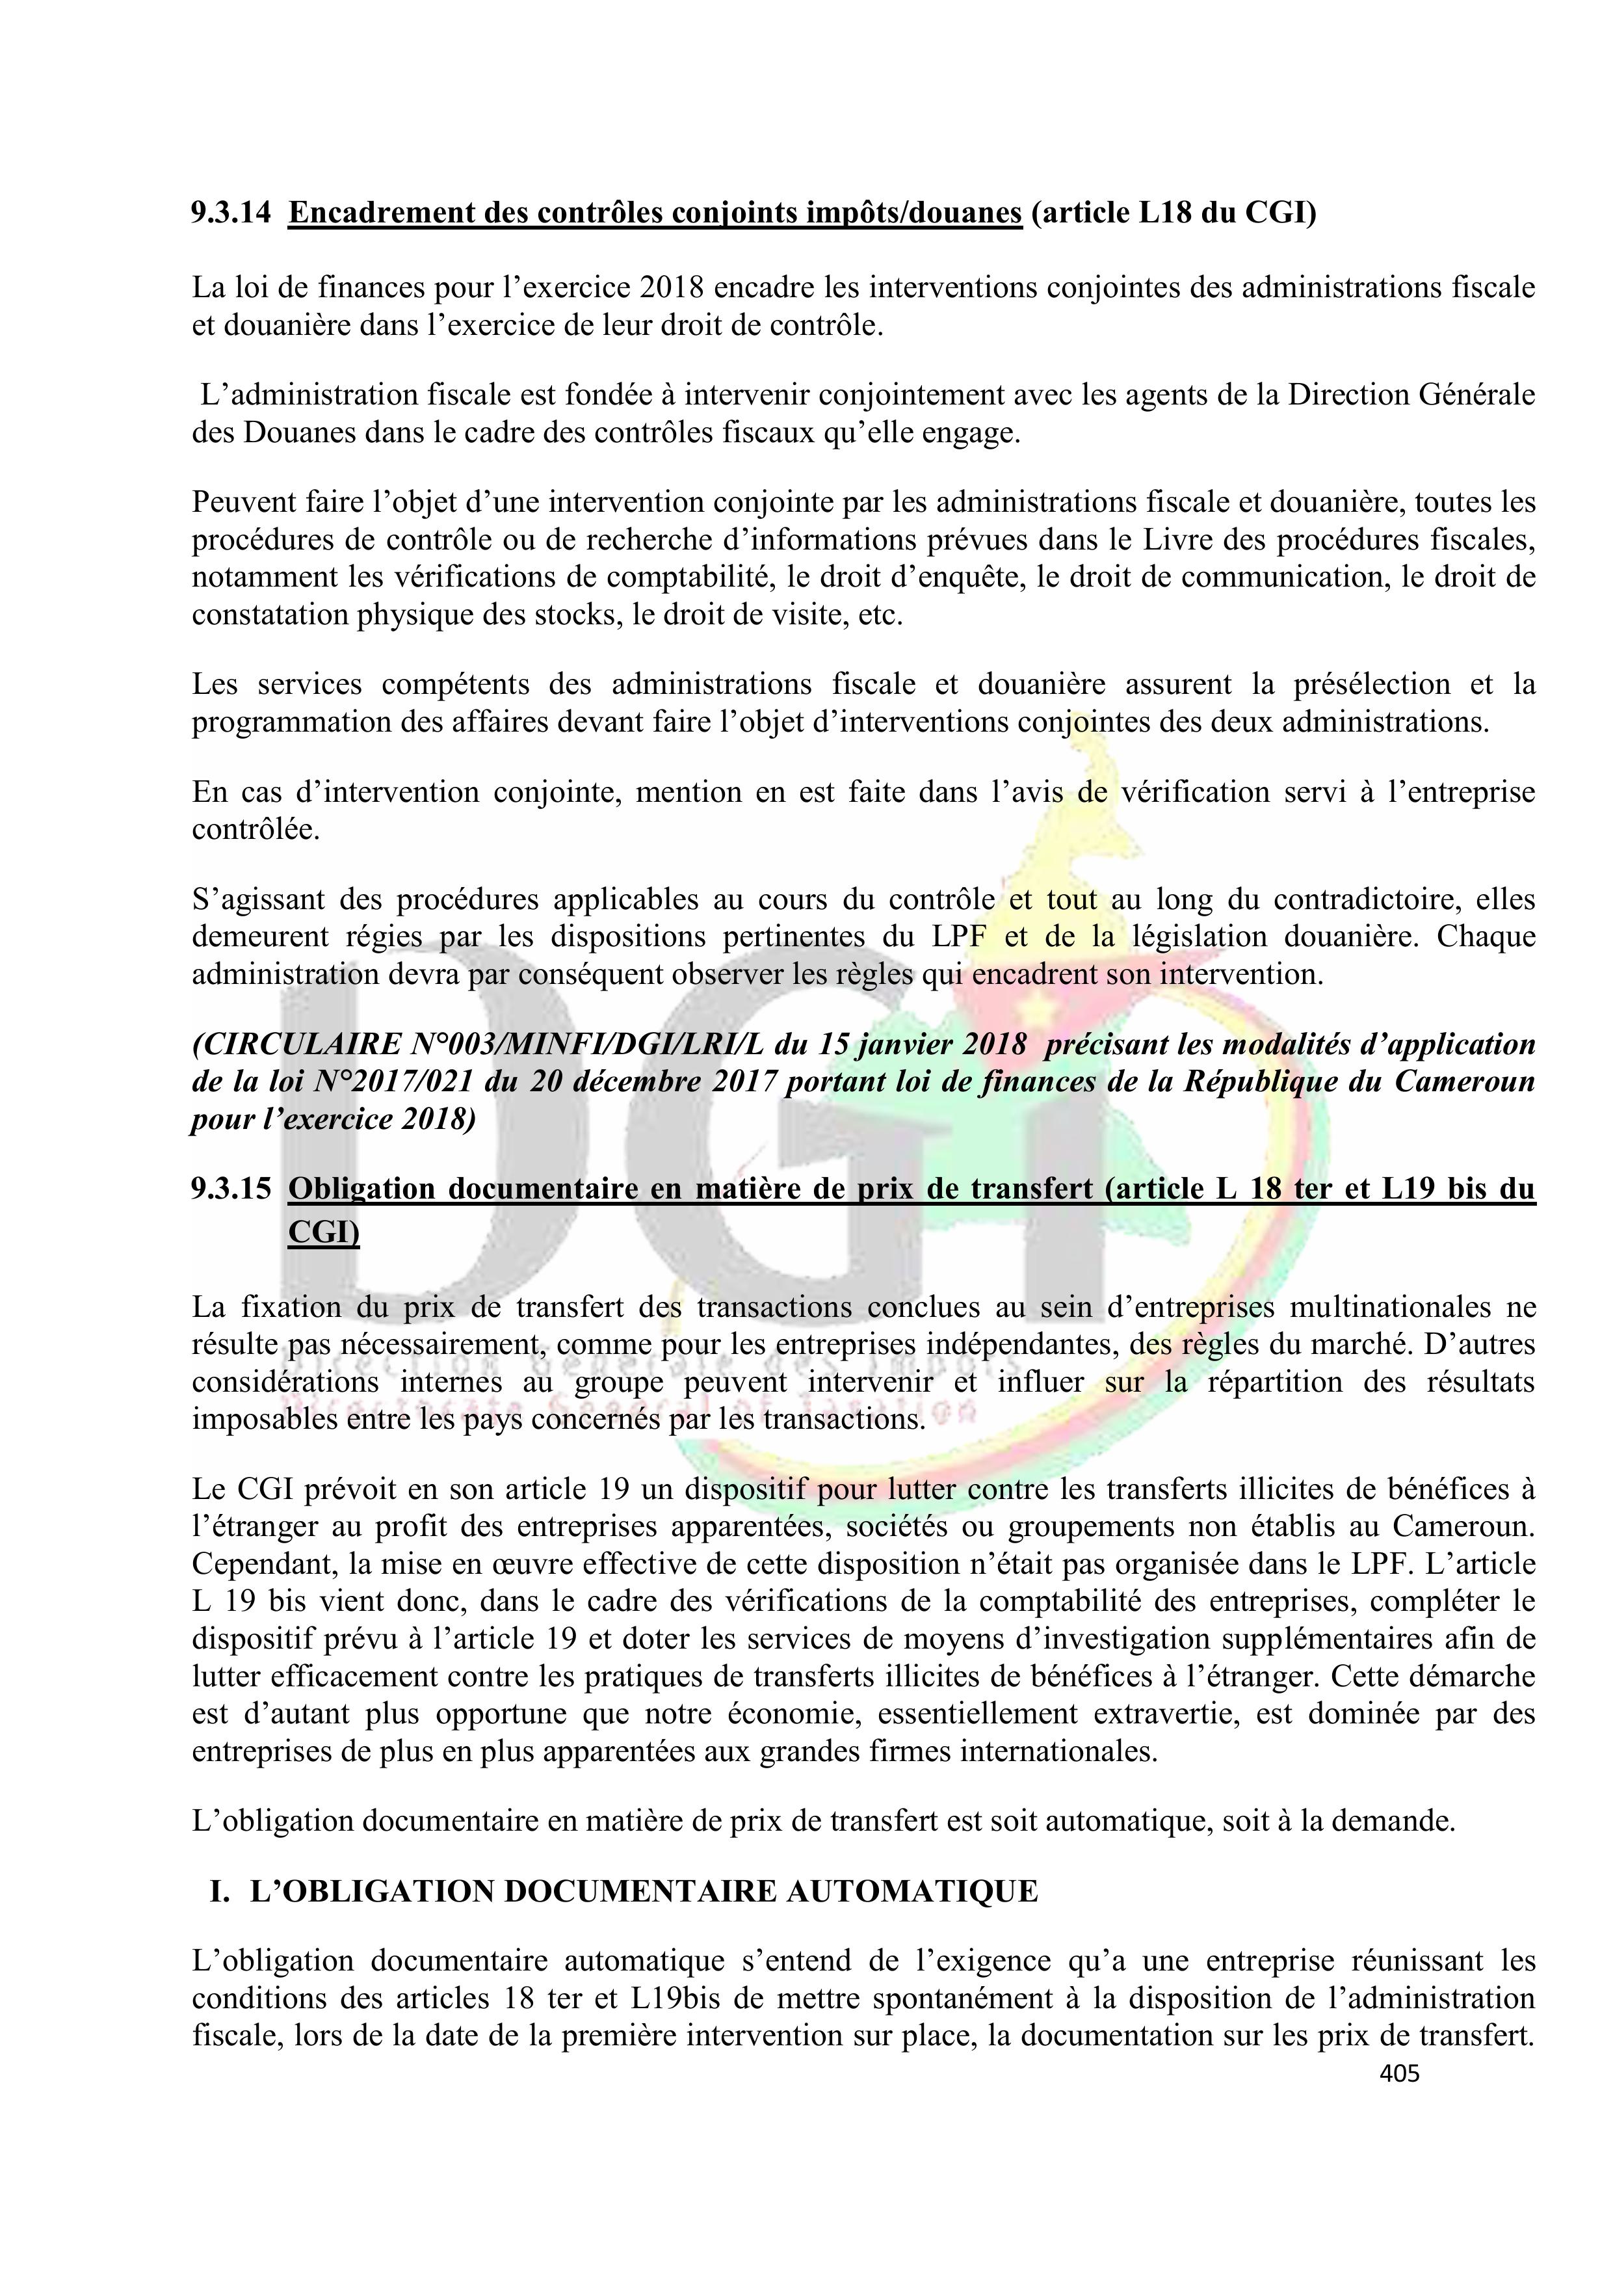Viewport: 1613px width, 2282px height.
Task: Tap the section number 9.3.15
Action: click(231, 1189)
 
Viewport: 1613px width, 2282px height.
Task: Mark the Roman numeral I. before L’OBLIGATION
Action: click(220, 1891)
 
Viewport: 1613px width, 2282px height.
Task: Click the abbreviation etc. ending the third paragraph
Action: click(880, 614)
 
